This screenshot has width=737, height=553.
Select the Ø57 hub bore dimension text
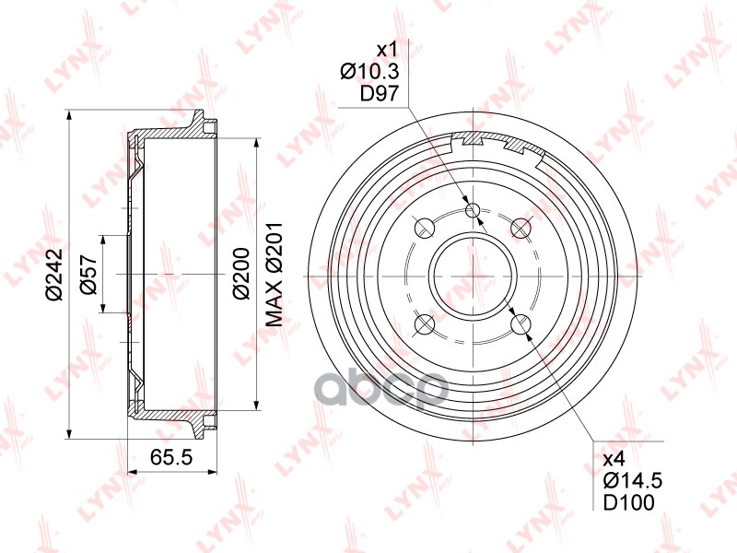click(x=88, y=275)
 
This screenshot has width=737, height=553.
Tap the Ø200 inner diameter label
click(x=241, y=274)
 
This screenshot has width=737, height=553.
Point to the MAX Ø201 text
click(x=274, y=275)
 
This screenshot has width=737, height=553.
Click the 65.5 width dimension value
click(x=171, y=457)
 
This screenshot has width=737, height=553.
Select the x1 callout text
click(x=387, y=50)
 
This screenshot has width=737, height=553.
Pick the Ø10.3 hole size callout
click(x=369, y=72)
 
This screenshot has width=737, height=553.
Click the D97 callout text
click(x=380, y=94)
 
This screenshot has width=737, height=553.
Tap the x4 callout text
click(x=614, y=457)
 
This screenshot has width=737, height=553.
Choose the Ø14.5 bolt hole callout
click(x=633, y=480)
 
